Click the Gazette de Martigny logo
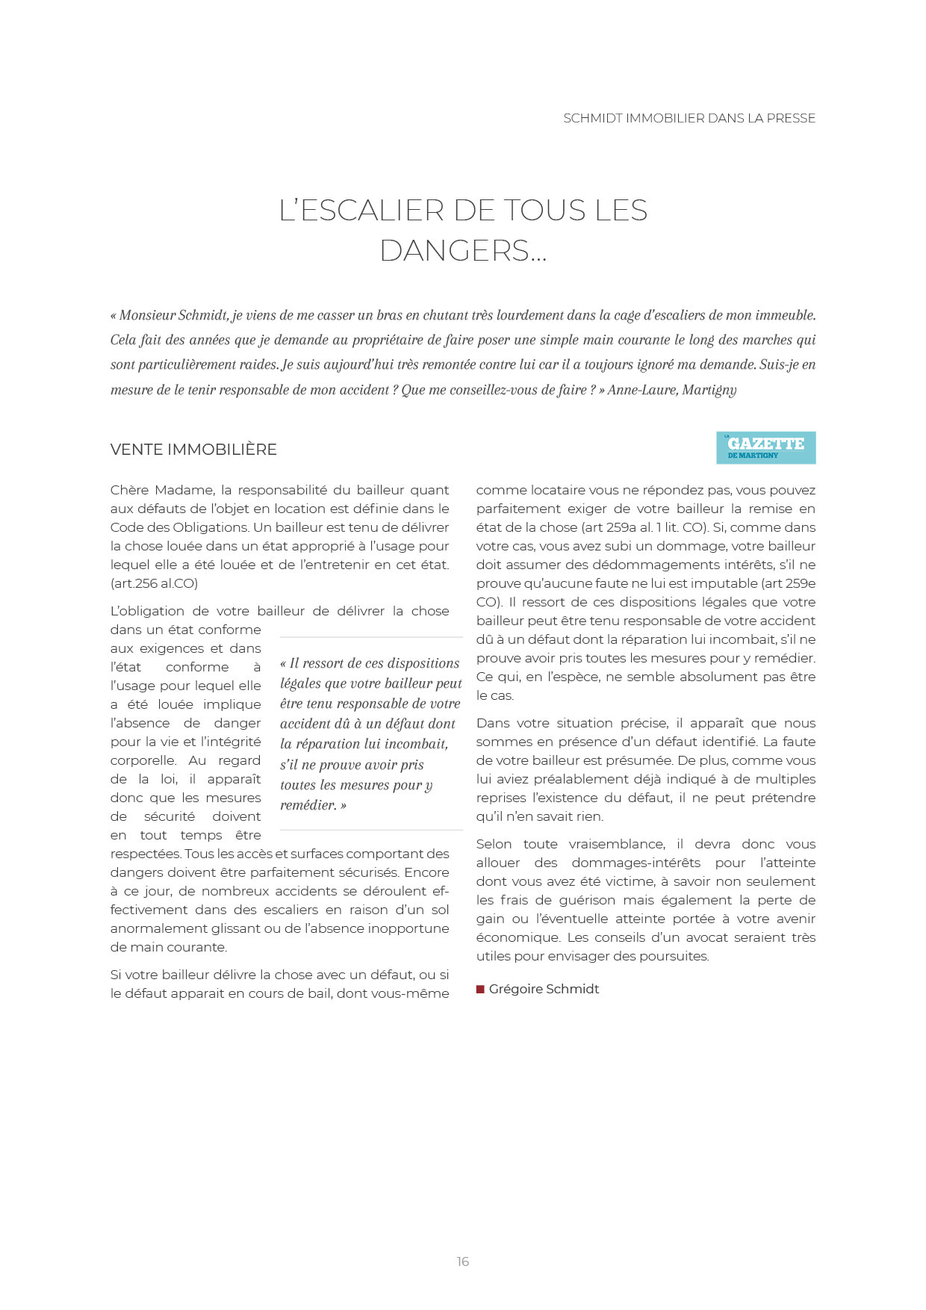click(x=765, y=447)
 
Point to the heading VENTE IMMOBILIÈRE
click(x=193, y=450)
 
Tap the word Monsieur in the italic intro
click(x=146, y=315)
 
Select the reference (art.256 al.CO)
click(x=155, y=583)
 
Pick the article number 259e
click(x=799, y=583)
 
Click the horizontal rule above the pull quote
click(x=371, y=637)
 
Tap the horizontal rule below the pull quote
click(x=371, y=830)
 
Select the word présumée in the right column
click(x=642, y=760)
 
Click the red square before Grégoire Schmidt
click(x=480, y=990)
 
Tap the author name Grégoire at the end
click(x=515, y=989)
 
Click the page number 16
click(x=463, y=1261)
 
